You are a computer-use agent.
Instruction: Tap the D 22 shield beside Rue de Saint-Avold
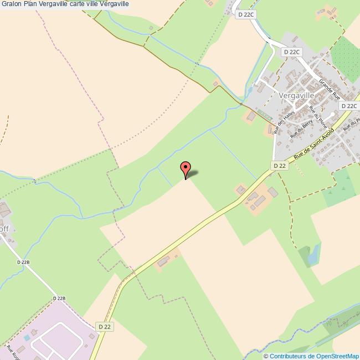(x=280, y=166)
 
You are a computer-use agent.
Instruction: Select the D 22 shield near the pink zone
(x=105, y=327)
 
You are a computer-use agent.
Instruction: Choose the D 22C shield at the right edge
(x=349, y=106)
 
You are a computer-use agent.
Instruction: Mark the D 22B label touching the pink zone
(x=59, y=299)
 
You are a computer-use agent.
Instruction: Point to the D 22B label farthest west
(x=23, y=262)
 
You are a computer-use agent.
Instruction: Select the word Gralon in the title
(x=11, y=4)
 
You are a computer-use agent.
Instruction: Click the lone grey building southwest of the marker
(x=164, y=261)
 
